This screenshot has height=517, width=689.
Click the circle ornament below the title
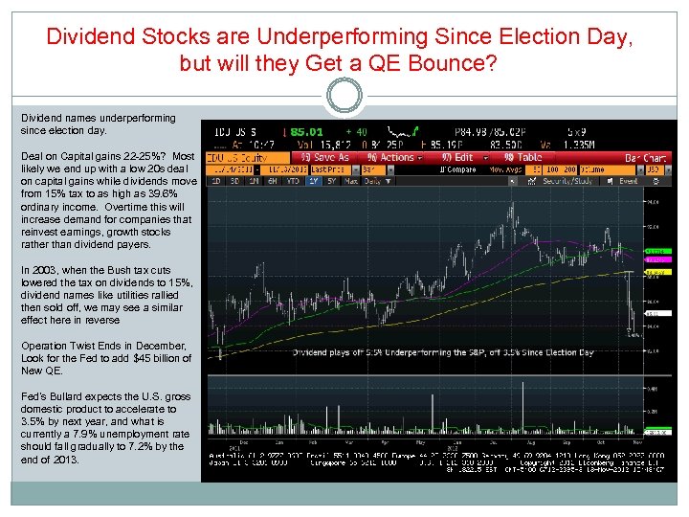click(344, 97)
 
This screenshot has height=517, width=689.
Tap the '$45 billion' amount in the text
click(143, 358)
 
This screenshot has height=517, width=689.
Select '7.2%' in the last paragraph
click(145, 446)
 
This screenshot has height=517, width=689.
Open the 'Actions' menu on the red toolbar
click(392, 157)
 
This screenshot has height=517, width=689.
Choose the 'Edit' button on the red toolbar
click(459, 157)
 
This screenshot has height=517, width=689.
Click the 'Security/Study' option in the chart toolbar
click(571, 180)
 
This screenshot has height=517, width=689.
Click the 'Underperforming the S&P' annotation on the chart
click(402, 352)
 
